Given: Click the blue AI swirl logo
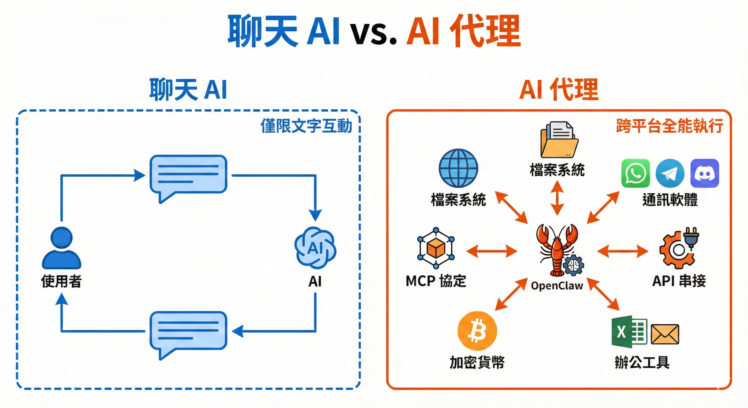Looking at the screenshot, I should coord(315,248).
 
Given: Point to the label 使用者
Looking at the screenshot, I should coord(62,281).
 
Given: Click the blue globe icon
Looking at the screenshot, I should coord(458,168).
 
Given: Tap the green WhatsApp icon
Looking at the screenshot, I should coord(636,173).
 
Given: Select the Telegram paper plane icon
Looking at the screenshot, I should coord(670,173).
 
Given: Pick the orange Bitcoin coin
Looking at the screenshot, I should coord(477,331).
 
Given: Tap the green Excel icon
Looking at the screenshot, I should coord(629,331).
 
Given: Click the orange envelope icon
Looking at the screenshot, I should coord(665,334).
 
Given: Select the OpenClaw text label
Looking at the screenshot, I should coord(557,286).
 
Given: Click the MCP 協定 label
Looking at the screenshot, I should coord(436,281).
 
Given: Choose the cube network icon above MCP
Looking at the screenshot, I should coord(436,248).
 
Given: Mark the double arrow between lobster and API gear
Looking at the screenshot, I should coord(623,251).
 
